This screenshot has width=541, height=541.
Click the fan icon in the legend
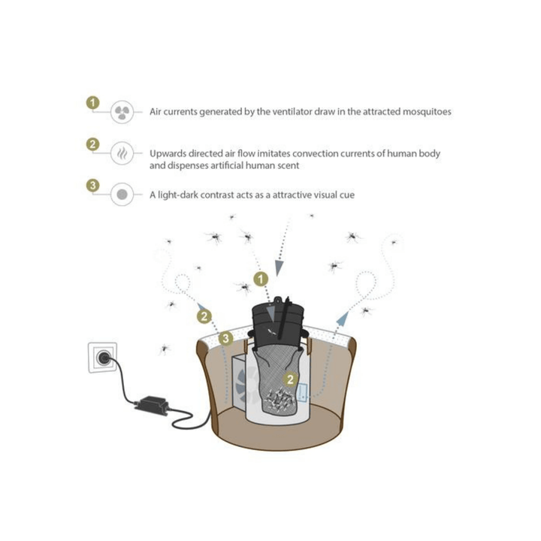coord(122,112)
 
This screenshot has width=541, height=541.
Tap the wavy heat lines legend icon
coord(122,153)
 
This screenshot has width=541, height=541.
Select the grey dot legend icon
coord(122,195)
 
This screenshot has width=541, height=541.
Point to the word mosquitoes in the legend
coord(427,112)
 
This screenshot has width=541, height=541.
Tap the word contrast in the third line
coord(217,195)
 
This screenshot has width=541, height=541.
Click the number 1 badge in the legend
coord(92,102)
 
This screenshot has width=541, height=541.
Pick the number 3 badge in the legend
coord(92,186)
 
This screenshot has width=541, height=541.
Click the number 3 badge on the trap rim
coord(225,338)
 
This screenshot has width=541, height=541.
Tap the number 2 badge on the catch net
coord(290,379)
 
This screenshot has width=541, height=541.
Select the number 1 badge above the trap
coord(261,279)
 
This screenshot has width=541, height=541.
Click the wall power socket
coord(102,358)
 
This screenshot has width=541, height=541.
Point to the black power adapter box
coord(151,406)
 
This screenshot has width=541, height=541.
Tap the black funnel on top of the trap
coord(278,320)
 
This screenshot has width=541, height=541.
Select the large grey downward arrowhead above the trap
coord(279,268)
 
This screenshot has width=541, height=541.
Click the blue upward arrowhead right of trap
coord(343,318)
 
